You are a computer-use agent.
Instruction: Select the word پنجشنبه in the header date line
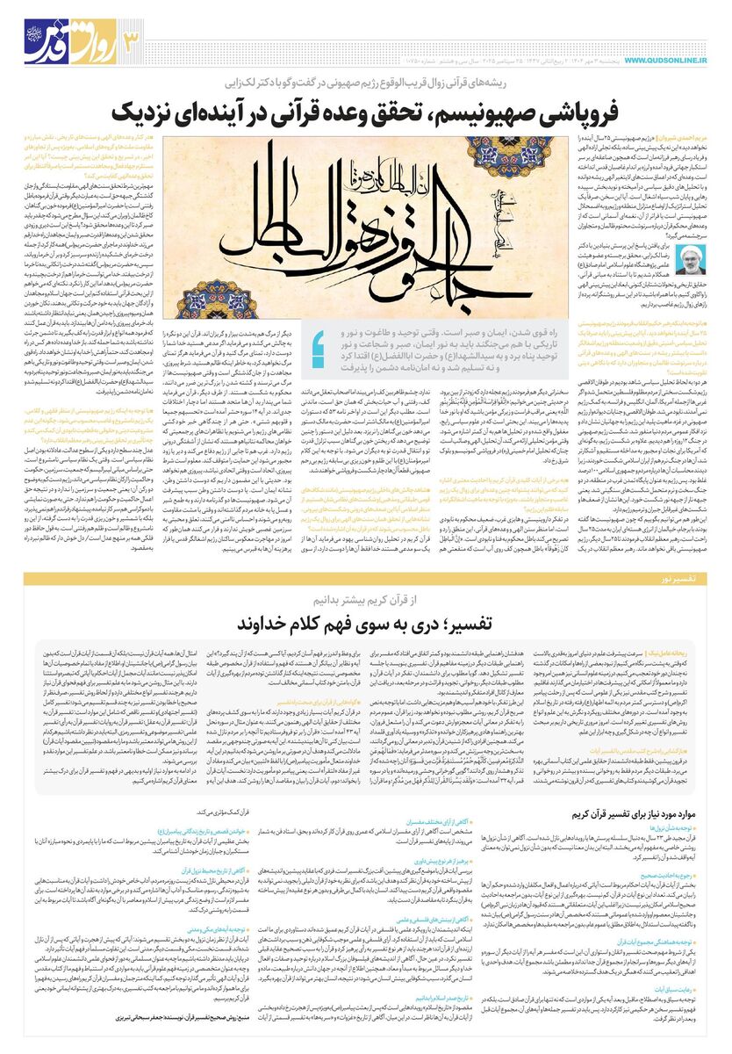point(574,59)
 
